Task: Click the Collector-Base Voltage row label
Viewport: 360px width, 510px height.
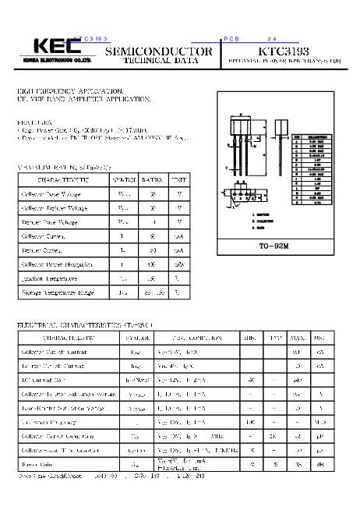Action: pyautogui.click(x=50, y=193)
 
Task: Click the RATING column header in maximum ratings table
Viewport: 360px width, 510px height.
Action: pyautogui.click(x=153, y=179)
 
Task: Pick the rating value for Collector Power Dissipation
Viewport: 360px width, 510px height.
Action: pyautogui.click(x=153, y=264)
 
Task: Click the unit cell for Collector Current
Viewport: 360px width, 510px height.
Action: pyautogui.click(x=179, y=236)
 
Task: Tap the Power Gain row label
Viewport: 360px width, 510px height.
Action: pyautogui.click(x=39, y=464)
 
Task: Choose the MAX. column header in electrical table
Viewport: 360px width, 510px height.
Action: pyautogui.click(x=297, y=338)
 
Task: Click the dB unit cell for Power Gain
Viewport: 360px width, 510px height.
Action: pyautogui.click(x=319, y=464)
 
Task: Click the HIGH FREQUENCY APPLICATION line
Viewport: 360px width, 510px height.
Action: pyautogui.click(x=70, y=92)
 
